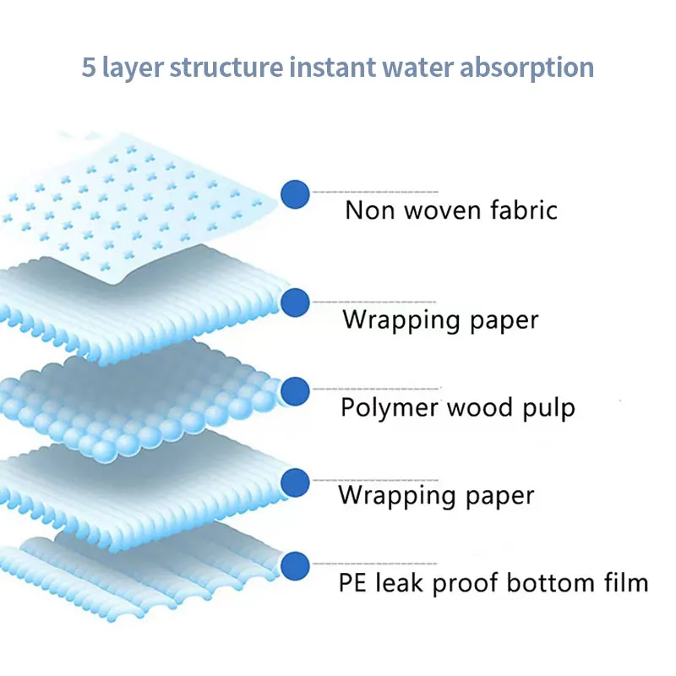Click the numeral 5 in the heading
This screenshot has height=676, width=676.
click(88, 67)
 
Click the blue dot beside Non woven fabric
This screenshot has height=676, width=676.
click(294, 194)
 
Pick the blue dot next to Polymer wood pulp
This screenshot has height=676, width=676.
click(295, 391)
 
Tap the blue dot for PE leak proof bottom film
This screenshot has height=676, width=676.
click(295, 565)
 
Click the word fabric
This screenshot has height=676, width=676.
click(523, 209)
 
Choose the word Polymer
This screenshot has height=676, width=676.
click(390, 408)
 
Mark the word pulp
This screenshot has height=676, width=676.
click(547, 409)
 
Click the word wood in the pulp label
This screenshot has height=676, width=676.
click(477, 407)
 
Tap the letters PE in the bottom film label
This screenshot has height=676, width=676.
click(352, 582)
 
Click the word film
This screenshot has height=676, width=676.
click(624, 582)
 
